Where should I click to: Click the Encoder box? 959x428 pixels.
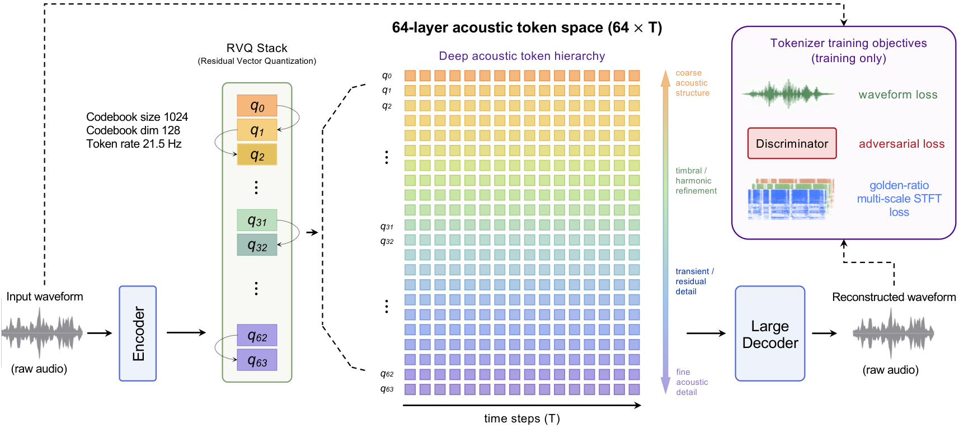point(138,333)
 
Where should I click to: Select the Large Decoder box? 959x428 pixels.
point(770,333)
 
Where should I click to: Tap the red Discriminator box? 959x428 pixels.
point(792,143)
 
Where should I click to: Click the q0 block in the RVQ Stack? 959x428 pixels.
point(257,106)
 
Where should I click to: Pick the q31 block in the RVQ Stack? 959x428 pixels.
point(257,220)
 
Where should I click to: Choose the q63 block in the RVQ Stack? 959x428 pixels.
point(257,360)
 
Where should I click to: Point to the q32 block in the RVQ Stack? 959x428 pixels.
point(257,245)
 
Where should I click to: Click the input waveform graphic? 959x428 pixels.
point(42,332)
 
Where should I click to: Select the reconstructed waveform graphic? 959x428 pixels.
point(893,333)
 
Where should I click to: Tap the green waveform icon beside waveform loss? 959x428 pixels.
point(788,94)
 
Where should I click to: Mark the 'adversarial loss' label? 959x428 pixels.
point(901,144)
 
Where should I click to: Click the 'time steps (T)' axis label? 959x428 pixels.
point(522,418)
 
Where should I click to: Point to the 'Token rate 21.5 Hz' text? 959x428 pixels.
point(134,144)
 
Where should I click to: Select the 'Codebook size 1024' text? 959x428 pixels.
point(137,117)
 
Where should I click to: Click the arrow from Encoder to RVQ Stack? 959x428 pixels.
point(186,332)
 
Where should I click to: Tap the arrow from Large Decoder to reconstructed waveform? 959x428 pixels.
point(824,333)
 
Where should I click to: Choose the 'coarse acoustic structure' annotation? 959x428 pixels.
point(692,83)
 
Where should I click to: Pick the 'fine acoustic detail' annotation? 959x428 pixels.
point(692,382)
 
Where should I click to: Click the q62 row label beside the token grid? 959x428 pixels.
point(387,374)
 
